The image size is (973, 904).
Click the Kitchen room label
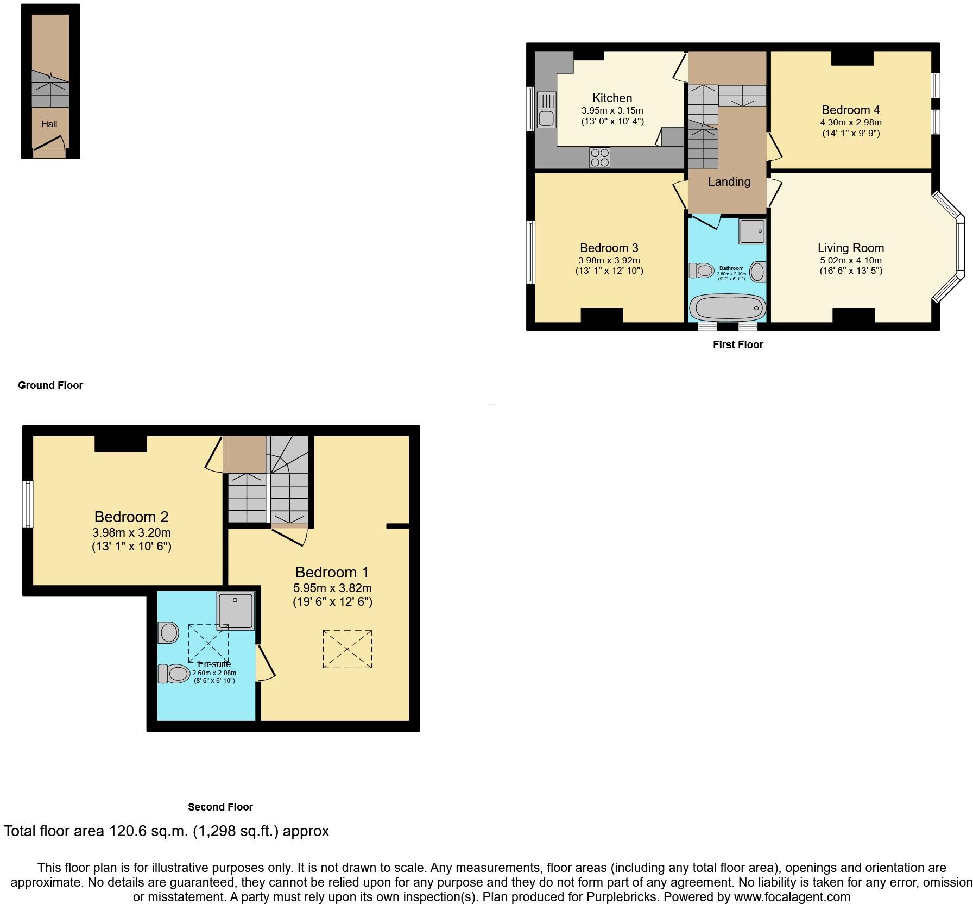(x=612, y=98)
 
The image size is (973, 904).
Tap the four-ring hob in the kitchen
(x=599, y=158)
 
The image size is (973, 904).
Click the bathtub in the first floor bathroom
(x=727, y=307)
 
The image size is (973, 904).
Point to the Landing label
(x=729, y=182)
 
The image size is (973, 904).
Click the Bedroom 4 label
(x=850, y=110)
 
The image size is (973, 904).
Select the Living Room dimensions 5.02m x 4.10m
(x=850, y=260)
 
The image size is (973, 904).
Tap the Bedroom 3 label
(x=609, y=248)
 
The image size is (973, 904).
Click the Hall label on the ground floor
(x=49, y=124)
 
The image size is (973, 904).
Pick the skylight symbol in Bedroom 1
(x=347, y=649)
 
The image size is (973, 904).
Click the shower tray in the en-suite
(x=236, y=611)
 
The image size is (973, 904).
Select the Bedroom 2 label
(x=131, y=517)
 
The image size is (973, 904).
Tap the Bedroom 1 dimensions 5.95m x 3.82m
(x=332, y=588)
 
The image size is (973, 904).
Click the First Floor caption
(x=737, y=344)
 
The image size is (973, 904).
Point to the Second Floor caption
(x=220, y=807)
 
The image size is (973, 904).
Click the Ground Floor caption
(x=50, y=385)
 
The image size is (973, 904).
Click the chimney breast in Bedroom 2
(x=121, y=443)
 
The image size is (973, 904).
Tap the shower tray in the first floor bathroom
(x=752, y=231)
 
